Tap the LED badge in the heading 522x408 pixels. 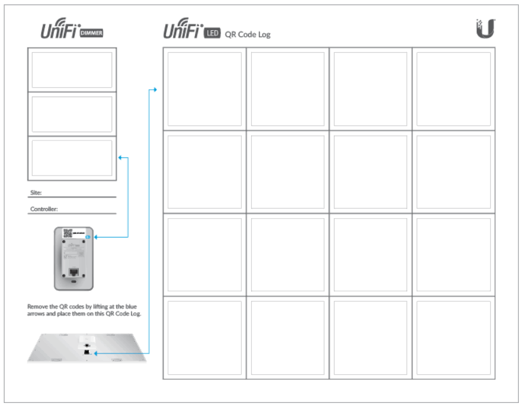click(x=212, y=33)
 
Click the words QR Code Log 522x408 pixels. click(x=248, y=34)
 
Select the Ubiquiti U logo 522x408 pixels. click(x=486, y=28)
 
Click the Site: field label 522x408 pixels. click(x=36, y=193)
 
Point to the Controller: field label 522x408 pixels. click(x=48, y=210)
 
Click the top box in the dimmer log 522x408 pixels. click(x=72, y=70)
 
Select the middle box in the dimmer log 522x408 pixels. click(x=72, y=114)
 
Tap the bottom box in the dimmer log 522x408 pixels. click(x=72, y=158)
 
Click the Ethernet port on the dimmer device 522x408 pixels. click(x=73, y=272)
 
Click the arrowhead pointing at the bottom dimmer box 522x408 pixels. click(x=120, y=158)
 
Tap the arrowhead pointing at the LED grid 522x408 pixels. click(x=155, y=90)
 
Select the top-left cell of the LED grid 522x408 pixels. click(x=204, y=88)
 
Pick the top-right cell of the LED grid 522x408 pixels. click(x=453, y=88)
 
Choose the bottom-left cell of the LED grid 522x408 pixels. click(x=204, y=337)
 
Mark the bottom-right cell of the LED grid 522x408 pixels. click(x=453, y=337)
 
